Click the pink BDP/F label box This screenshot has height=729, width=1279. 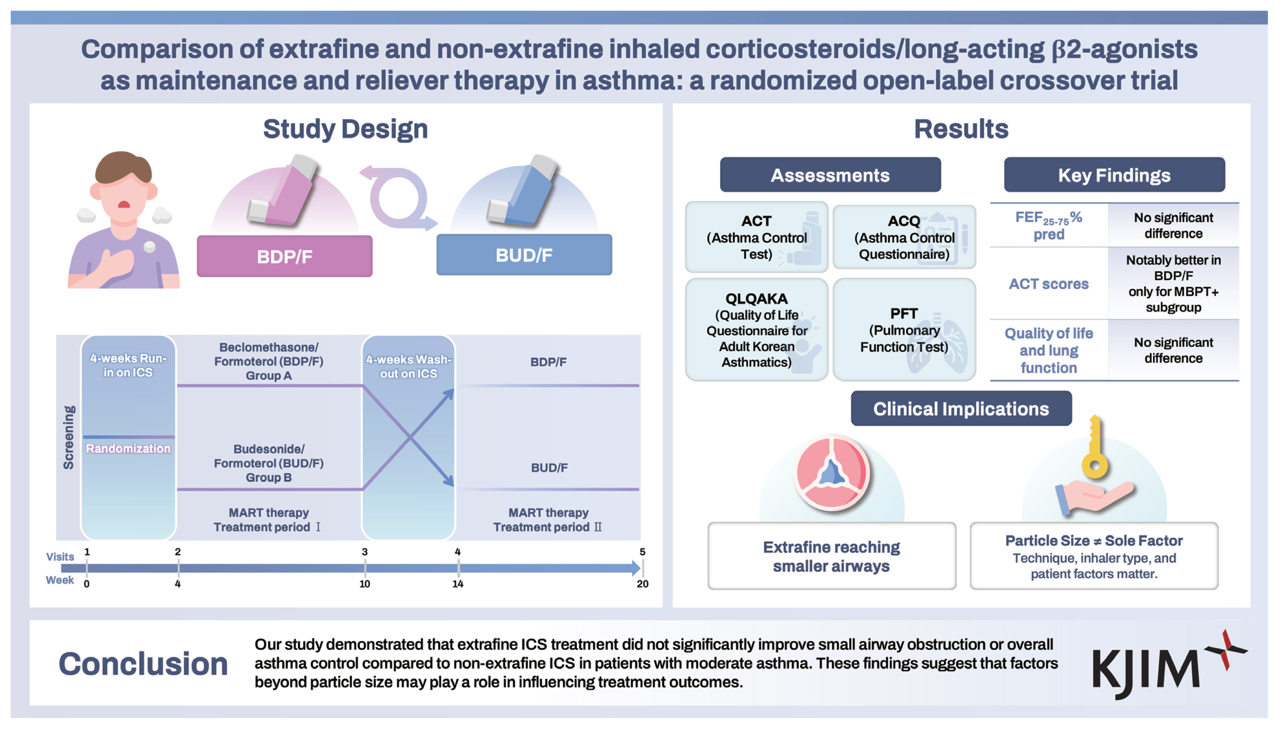tap(284, 256)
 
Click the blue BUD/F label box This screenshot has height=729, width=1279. tap(524, 254)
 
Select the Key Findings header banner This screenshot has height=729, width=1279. tap(1114, 175)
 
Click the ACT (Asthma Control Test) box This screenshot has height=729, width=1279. tap(756, 237)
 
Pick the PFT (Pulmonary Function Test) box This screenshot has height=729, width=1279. tap(904, 330)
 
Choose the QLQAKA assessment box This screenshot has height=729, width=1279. tap(756, 330)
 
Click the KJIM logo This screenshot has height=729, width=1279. tap(1169, 664)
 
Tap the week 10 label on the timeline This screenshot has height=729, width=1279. tap(364, 584)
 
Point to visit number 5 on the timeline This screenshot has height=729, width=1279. tap(642, 552)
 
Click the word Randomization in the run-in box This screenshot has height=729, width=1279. tap(128, 448)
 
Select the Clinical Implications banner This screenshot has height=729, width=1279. tap(961, 409)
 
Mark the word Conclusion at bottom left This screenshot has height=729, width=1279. tap(143, 664)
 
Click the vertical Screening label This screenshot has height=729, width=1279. tap(69, 437)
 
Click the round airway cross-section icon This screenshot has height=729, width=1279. tap(832, 472)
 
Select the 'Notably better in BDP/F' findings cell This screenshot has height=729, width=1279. tap(1173, 283)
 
